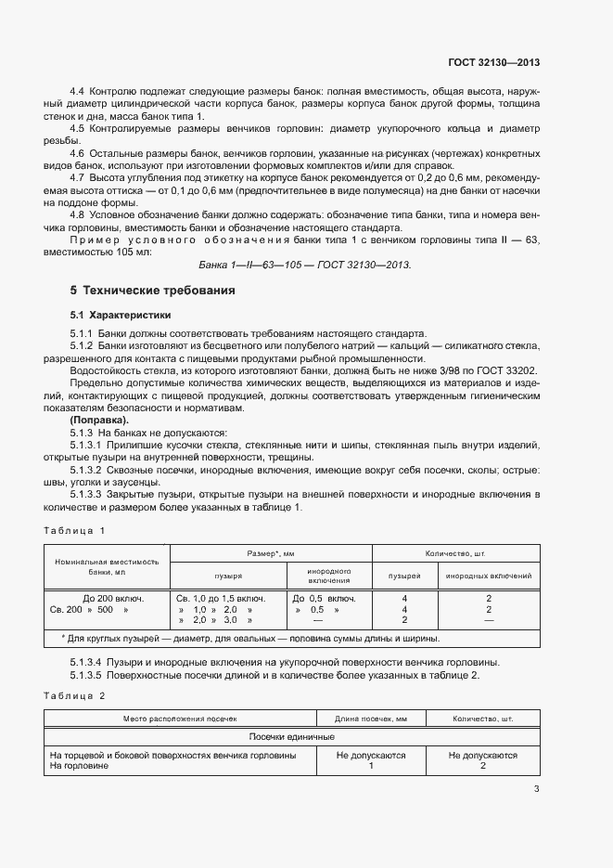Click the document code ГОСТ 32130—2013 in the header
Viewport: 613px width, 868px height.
pyautogui.click(x=492, y=62)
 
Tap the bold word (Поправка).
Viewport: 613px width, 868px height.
pyautogui.click(x=98, y=421)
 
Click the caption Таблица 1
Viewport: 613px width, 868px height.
pyautogui.click(x=75, y=530)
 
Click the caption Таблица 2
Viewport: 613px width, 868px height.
pyautogui.click(x=75, y=694)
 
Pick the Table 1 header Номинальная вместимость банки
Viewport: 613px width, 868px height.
pyautogui.click(x=107, y=567)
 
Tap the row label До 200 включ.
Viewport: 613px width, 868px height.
pyautogui.click(x=113, y=599)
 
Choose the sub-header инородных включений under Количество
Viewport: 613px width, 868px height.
pyautogui.click(x=489, y=577)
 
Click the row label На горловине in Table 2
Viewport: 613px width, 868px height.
pyautogui.click(x=80, y=766)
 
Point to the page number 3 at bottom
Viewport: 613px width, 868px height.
pyautogui.click(x=536, y=789)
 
